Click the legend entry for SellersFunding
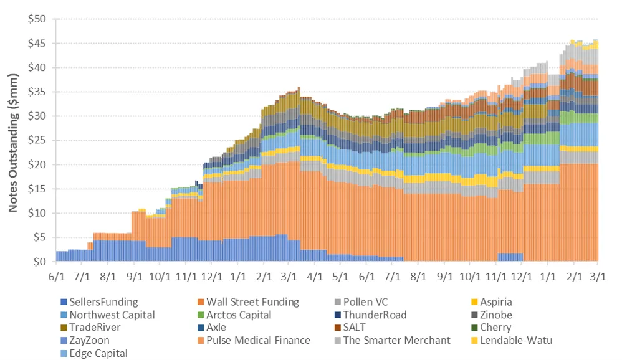tap(102, 302)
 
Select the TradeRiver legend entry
tap(95, 327)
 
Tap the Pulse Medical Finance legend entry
tap(257, 340)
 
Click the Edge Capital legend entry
tap(98, 353)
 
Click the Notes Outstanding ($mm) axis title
tap(12, 140)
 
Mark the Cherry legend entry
tap(495, 327)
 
